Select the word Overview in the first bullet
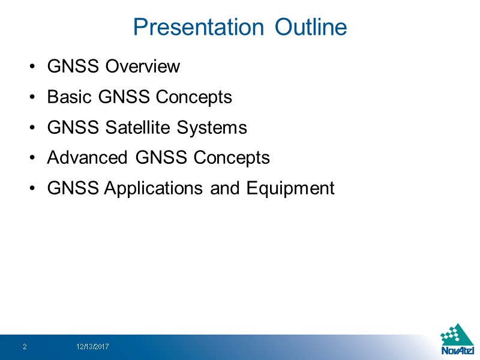point(142,66)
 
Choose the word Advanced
point(87,158)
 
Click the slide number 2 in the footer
point(25,347)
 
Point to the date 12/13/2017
point(92,347)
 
